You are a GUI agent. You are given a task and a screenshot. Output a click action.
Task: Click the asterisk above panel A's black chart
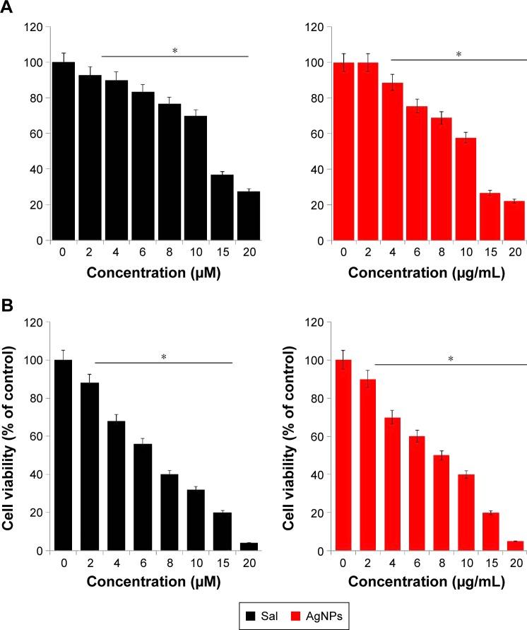(x=174, y=52)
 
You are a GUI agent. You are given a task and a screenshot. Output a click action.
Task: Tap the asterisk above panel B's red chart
(x=449, y=360)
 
